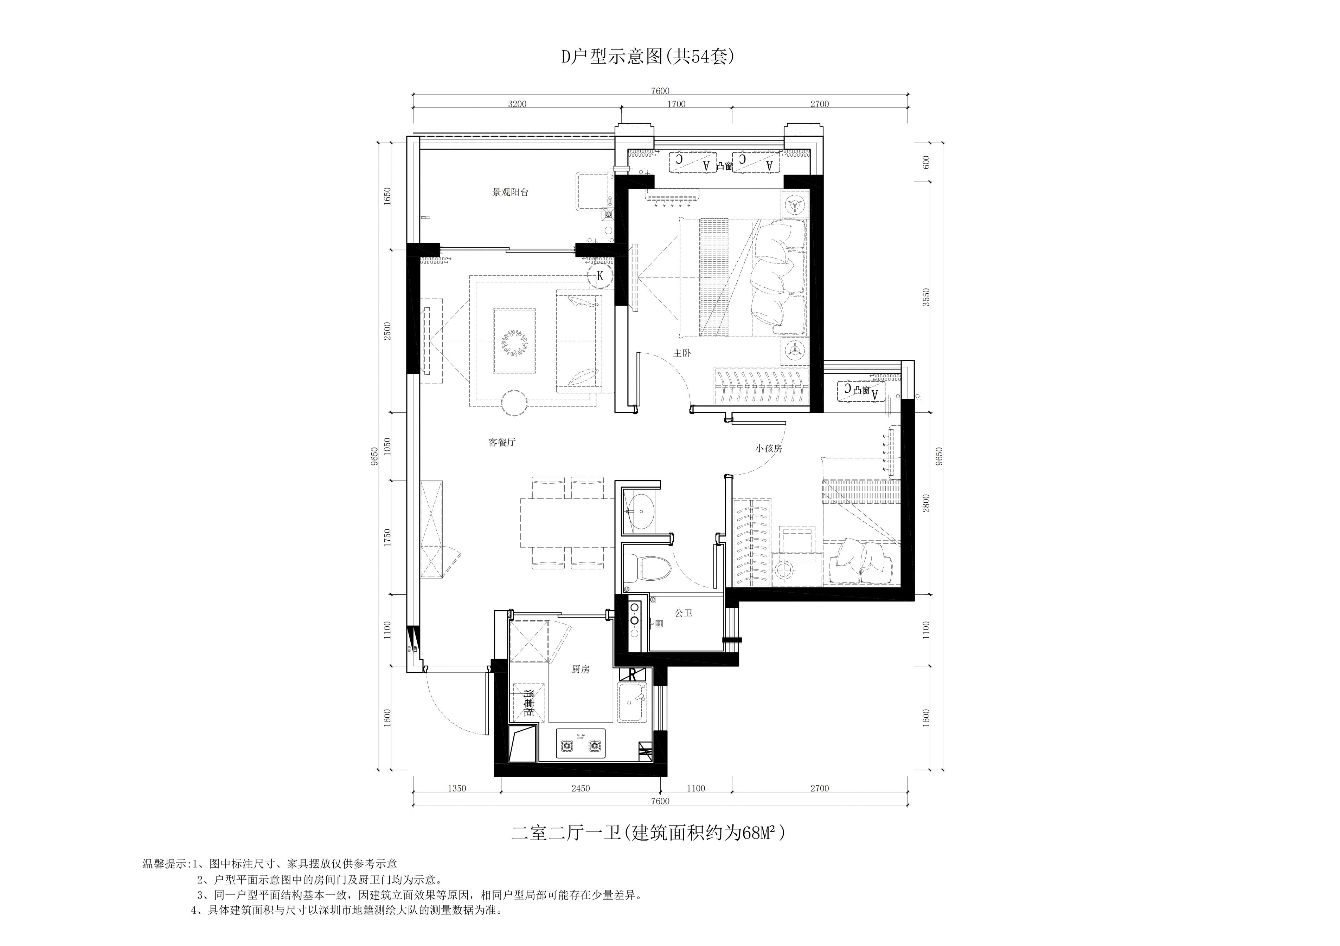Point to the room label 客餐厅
[x=502, y=443]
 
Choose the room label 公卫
[x=684, y=613]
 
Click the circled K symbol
[x=600, y=276]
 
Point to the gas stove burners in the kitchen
[x=580, y=745]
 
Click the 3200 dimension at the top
[x=517, y=104]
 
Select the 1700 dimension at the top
[x=676, y=104]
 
